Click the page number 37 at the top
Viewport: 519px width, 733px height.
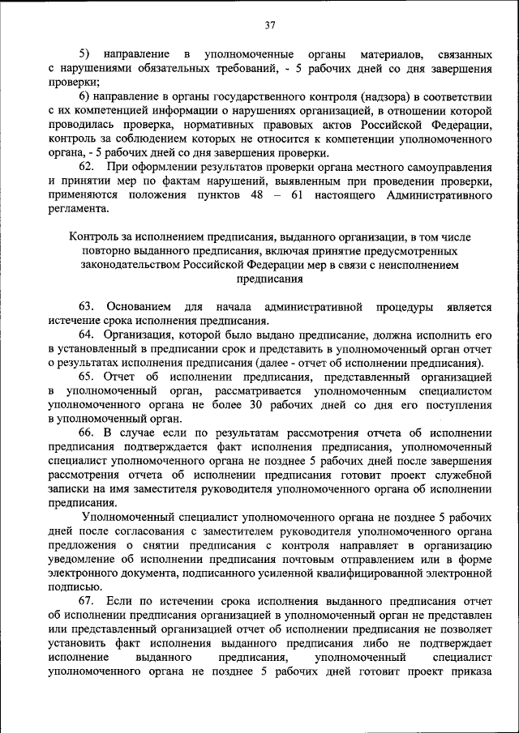(270, 25)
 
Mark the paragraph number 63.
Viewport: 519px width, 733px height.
(87, 306)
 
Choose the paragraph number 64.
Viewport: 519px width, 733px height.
(87, 335)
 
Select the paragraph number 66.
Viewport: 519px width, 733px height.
(87, 433)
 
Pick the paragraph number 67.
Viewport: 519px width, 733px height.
(87, 600)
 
